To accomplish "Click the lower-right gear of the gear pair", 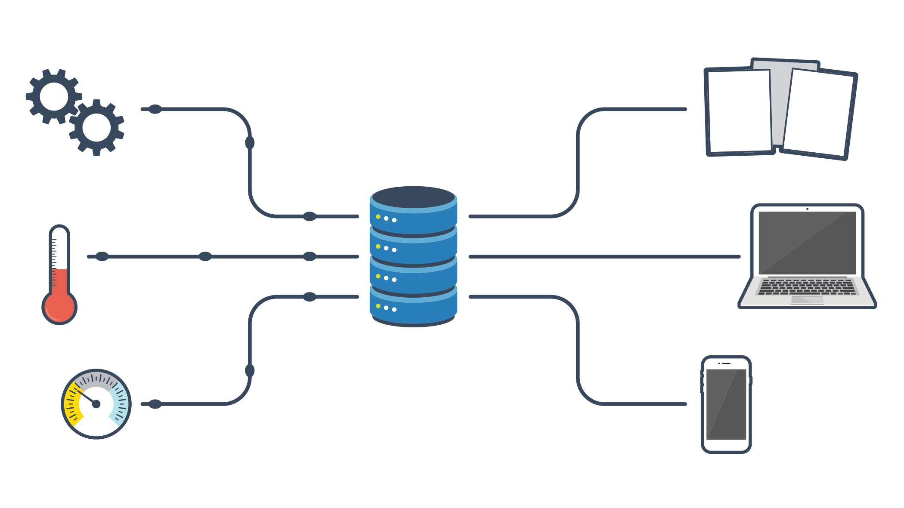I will click(96, 128).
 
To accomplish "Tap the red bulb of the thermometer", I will click(59, 307).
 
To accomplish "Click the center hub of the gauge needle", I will click(96, 404).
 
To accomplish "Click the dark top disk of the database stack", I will click(413, 197).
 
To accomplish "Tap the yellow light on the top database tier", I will click(378, 217).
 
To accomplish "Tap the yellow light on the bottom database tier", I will click(378, 306).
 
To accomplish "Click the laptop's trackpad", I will click(807, 300).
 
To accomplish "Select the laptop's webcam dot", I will click(807, 209).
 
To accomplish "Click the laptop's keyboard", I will click(807, 287).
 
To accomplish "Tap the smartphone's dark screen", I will click(726, 404).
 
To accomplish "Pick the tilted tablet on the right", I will click(818, 113).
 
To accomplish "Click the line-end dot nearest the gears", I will click(155, 109).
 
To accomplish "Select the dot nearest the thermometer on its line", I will click(102, 256).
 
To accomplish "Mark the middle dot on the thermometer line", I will click(205, 256).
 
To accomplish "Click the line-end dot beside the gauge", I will click(155, 404).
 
